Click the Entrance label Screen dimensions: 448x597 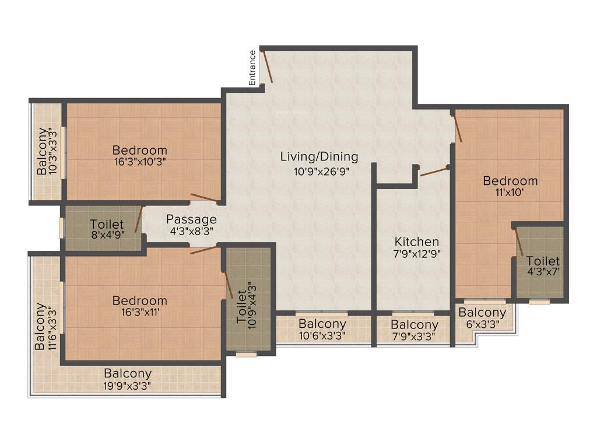coord(252,68)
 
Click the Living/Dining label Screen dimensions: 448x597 coord(319,156)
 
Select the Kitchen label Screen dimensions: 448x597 coord(416,242)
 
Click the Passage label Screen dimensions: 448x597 coord(191,219)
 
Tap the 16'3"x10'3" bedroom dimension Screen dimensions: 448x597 coord(140,162)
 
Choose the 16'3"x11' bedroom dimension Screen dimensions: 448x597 coord(140,312)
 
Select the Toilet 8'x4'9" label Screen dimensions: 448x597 coord(107,230)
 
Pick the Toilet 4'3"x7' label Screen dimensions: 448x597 coord(543,267)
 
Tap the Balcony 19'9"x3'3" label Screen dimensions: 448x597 coord(128,379)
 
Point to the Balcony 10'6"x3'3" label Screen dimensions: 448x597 coord(322,329)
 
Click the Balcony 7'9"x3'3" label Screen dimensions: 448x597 coord(414,330)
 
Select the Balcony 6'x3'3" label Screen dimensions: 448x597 coord(482,318)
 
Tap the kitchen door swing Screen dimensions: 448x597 coord(433,171)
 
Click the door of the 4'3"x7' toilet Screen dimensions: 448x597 coord(518,242)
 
